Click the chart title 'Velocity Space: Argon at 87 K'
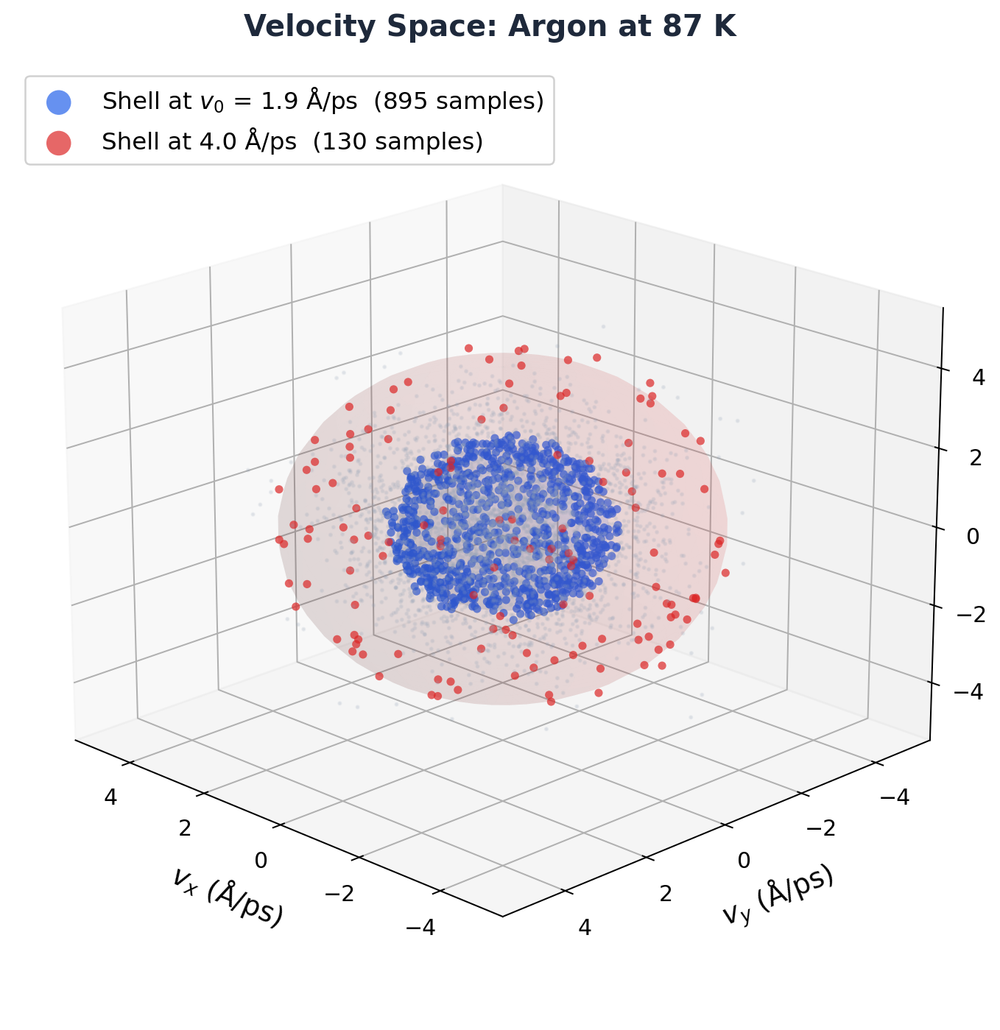[490, 27]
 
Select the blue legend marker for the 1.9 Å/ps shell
[58, 102]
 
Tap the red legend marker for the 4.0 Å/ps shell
[58, 142]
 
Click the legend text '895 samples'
[459, 102]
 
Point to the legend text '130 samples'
[398, 141]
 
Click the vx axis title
[228, 896]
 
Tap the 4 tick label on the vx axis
[111, 797]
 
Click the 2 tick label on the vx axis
[185, 828]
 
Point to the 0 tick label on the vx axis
[261, 860]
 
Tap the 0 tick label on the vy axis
[744, 860]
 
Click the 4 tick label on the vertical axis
[978, 378]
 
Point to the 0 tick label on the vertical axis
[973, 537]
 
